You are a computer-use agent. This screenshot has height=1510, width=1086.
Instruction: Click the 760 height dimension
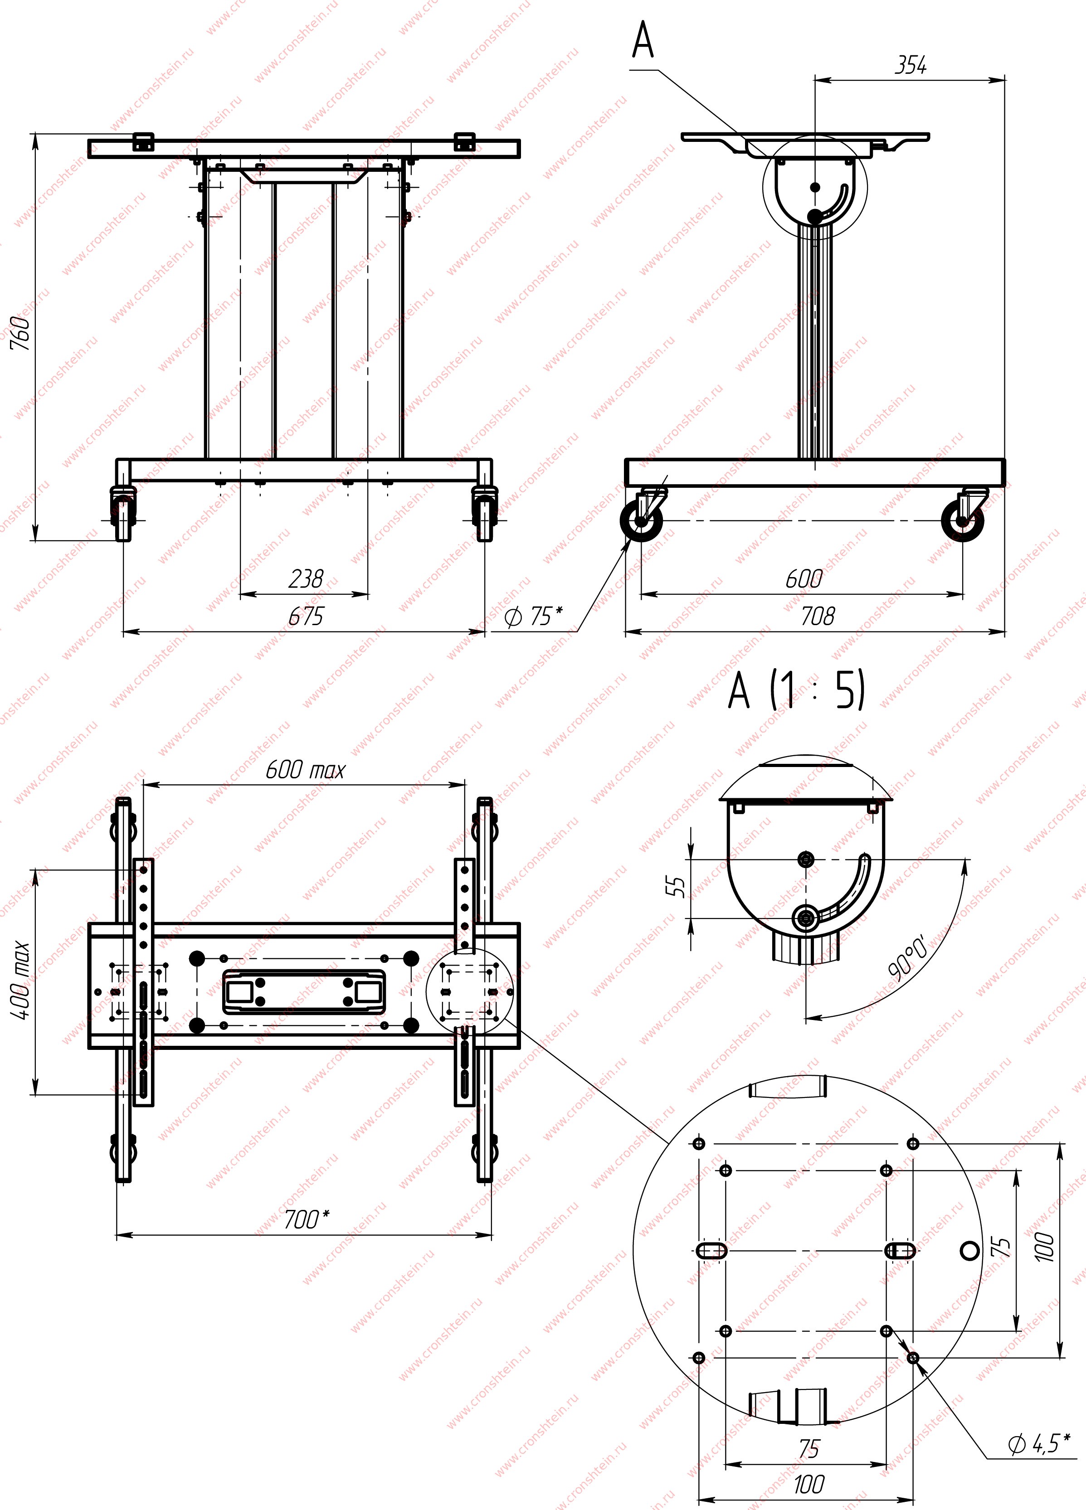click(20, 333)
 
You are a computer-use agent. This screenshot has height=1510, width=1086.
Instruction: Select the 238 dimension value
click(306, 578)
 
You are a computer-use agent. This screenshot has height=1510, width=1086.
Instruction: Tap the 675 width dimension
click(306, 617)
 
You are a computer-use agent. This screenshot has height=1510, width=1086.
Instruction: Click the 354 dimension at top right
click(910, 65)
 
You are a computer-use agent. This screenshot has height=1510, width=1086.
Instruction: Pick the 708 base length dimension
click(817, 617)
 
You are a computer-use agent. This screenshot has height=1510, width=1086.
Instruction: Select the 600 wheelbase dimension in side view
click(804, 578)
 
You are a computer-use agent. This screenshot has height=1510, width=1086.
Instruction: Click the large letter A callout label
click(643, 41)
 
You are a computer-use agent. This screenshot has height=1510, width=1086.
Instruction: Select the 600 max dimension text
click(305, 770)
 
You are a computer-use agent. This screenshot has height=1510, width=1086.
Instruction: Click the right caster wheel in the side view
click(963, 520)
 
